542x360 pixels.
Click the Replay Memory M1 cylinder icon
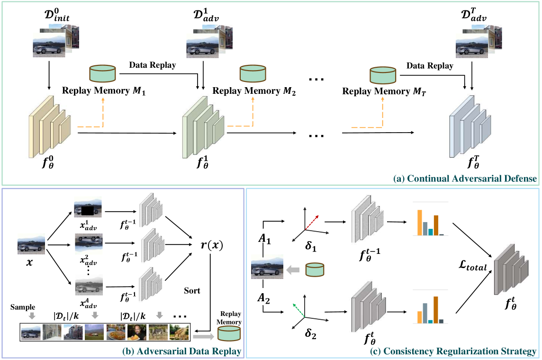pyautogui.click(x=102, y=74)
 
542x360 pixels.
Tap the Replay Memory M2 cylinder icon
pyautogui.click(x=253, y=74)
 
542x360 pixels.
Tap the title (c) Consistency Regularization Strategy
pyautogui.click(x=460, y=351)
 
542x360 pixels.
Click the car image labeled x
pyautogui.click(x=31, y=245)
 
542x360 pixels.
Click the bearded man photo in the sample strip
pyautogui.click(x=137, y=332)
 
